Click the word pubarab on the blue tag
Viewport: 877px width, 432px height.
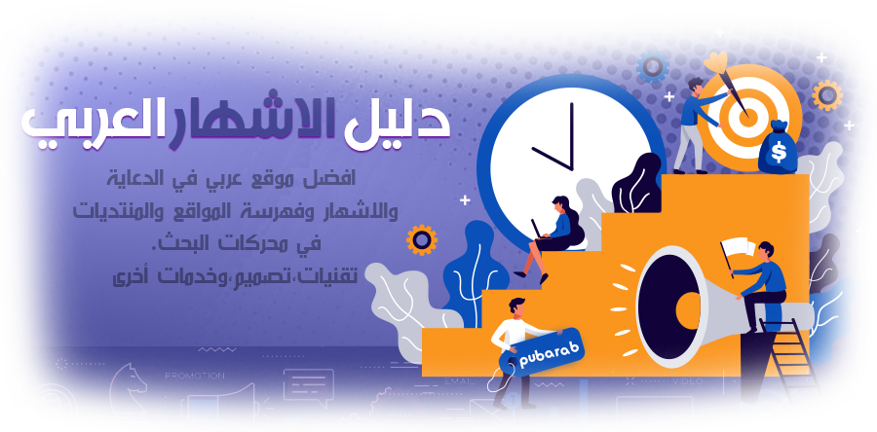point(542,354)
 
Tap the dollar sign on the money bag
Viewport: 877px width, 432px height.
point(778,151)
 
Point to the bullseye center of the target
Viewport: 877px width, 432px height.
point(748,117)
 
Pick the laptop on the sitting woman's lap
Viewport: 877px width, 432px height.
point(538,230)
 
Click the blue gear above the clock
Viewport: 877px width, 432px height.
point(652,67)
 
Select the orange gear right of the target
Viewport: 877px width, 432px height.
point(827,95)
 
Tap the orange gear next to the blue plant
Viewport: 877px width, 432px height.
point(422,240)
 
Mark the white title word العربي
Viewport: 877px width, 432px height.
point(89,126)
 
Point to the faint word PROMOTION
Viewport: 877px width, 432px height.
point(195,377)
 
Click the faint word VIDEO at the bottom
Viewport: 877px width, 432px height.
point(687,381)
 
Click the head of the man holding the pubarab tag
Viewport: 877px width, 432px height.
point(517,306)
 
